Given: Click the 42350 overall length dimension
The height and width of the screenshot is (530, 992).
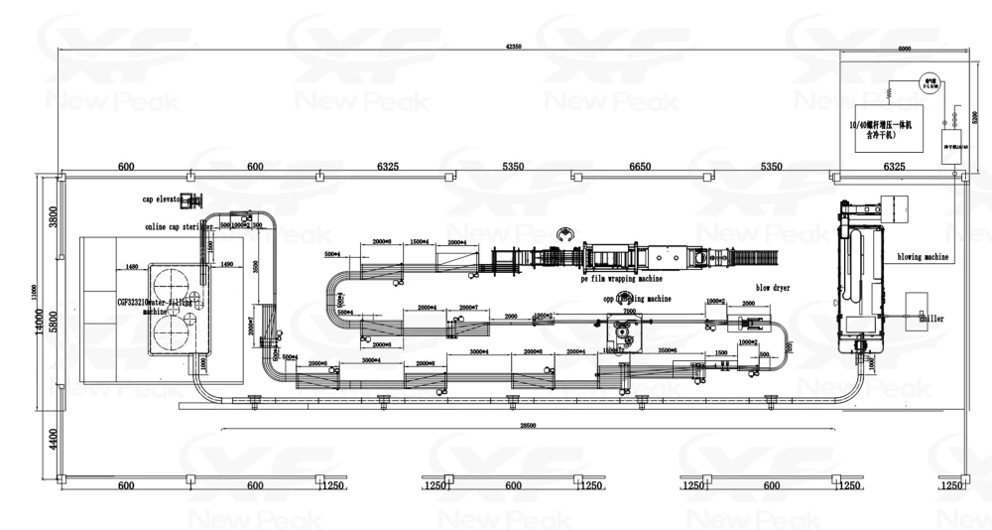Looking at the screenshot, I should pyautogui.click(x=512, y=47).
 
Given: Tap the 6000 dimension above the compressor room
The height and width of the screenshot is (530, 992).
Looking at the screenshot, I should pyautogui.click(x=904, y=48).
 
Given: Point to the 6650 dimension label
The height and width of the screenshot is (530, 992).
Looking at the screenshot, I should pyautogui.click(x=640, y=167).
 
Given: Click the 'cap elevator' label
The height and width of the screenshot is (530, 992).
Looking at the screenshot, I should pyautogui.click(x=164, y=199).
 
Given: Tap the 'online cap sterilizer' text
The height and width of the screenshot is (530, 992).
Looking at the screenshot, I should pyautogui.click(x=179, y=226).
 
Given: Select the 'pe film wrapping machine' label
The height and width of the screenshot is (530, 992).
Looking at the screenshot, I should pyautogui.click(x=620, y=281).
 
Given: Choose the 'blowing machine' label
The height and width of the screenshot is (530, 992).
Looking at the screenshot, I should pyautogui.click(x=923, y=257).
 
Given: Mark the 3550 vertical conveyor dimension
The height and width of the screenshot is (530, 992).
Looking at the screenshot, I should pyautogui.click(x=256, y=268).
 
